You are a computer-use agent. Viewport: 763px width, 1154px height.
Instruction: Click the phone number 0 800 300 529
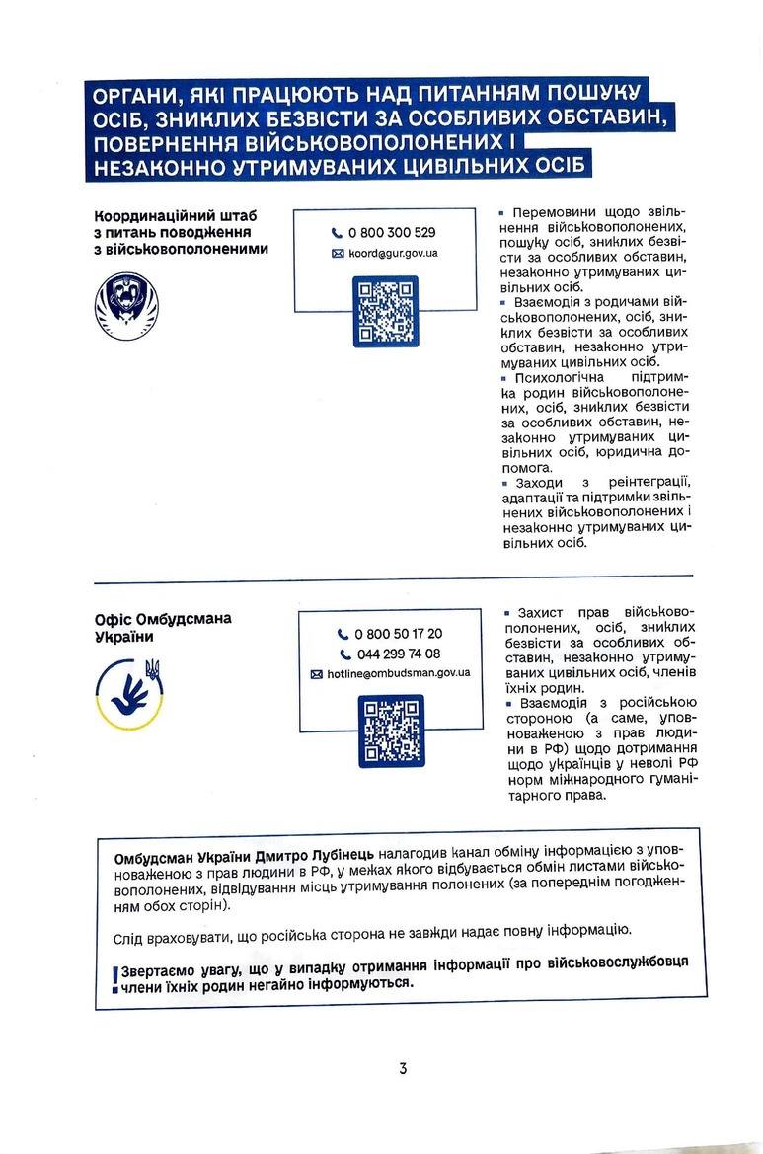click(391, 233)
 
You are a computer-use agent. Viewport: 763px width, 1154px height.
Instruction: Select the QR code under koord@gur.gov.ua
click(385, 311)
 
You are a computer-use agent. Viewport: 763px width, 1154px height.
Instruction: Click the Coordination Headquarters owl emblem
click(125, 301)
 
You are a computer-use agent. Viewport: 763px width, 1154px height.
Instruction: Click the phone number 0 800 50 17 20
click(398, 634)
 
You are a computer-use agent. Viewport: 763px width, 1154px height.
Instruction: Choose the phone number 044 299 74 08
click(398, 654)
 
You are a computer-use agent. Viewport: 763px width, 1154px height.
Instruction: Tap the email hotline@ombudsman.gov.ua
click(399, 673)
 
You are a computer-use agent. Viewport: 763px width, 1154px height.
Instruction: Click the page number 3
click(403, 1068)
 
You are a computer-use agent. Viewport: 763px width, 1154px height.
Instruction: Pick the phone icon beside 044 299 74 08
click(345, 654)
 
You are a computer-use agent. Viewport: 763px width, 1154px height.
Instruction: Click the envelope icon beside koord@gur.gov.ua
click(339, 254)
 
